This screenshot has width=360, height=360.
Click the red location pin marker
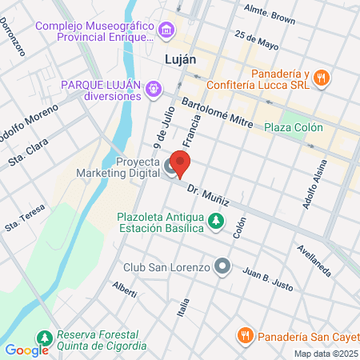pyautogui.click(x=181, y=165)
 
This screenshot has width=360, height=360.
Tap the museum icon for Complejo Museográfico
pyautogui.click(x=166, y=31)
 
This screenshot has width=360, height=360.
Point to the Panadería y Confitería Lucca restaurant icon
pyautogui.click(x=320, y=78)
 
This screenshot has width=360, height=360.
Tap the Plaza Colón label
pyautogui.click(x=294, y=127)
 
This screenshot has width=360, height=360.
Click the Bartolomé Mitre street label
pyautogui.click(x=218, y=114)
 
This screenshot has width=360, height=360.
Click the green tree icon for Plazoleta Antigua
pyautogui.click(x=215, y=222)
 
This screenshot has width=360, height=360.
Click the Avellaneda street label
pyautogui.click(x=314, y=260)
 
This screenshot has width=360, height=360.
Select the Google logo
pyautogui.click(x=26, y=350)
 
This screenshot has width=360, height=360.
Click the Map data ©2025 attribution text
pyautogui.click(x=326, y=354)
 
